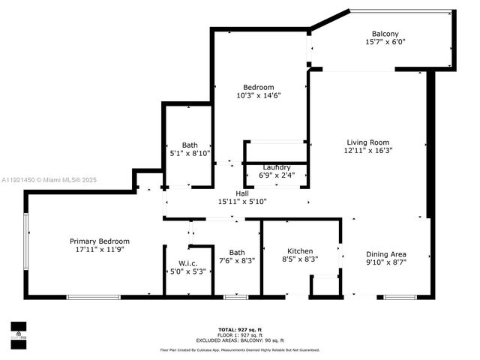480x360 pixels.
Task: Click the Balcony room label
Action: point(385,34)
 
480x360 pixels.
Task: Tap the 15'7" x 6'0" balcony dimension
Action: point(385,43)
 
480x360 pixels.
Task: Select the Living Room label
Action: point(367,142)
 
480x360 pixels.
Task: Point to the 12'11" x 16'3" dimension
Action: point(367,151)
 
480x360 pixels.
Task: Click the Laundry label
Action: point(277,167)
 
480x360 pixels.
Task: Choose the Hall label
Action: point(242,193)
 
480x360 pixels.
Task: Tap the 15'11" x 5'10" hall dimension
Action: point(242,201)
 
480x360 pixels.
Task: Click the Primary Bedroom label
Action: point(100,241)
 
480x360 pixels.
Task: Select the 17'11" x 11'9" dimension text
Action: point(100,250)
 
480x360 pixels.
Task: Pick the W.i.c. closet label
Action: point(187,262)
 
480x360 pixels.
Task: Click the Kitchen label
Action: point(300,251)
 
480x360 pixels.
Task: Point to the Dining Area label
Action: point(388,253)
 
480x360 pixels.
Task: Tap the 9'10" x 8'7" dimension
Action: point(388,262)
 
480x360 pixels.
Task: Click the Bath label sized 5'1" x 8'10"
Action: point(190,145)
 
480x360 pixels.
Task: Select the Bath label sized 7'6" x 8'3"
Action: point(237,253)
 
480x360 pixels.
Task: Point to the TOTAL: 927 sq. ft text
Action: point(239,330)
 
